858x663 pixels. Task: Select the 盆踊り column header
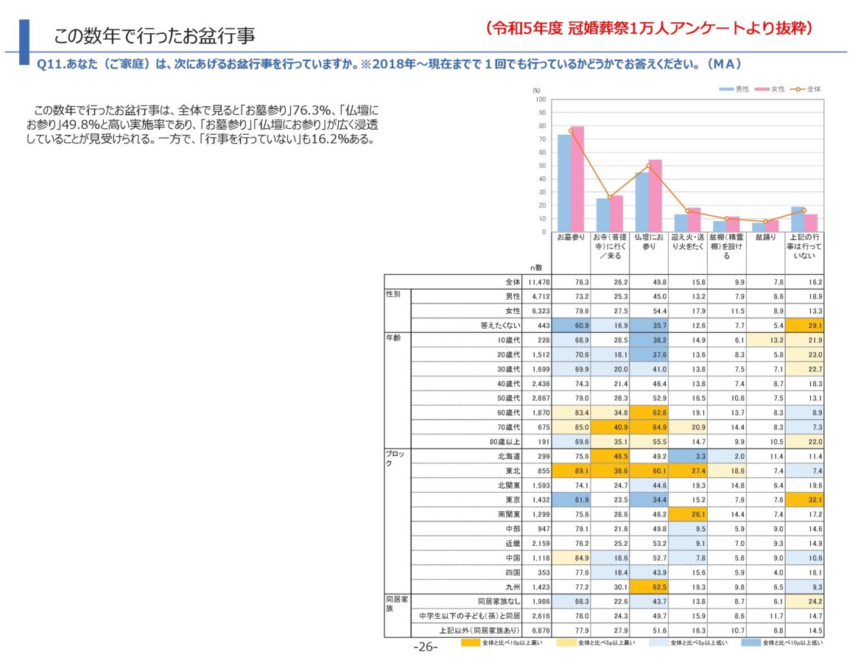tap(765, 238)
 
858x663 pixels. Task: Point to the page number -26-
tap(425, 647)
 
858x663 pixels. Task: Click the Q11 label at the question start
tap(48, 64)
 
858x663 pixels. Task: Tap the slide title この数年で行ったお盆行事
tap(155, 35)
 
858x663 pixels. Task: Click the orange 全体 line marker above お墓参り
tap(570, 131)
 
